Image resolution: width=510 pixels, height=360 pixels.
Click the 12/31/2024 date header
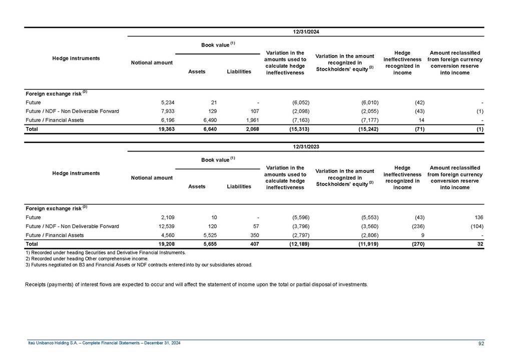click(x=306, y=31)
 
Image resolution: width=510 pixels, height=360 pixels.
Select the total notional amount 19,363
click(x=163, y=129)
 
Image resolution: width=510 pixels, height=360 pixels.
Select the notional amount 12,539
click(x=163, y=226)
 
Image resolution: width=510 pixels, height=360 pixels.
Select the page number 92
click(x=480, y=343)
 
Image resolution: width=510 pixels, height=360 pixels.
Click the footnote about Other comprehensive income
click(x=87, y=258)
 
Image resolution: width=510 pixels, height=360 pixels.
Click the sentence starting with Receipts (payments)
click(x=196, y=284)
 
